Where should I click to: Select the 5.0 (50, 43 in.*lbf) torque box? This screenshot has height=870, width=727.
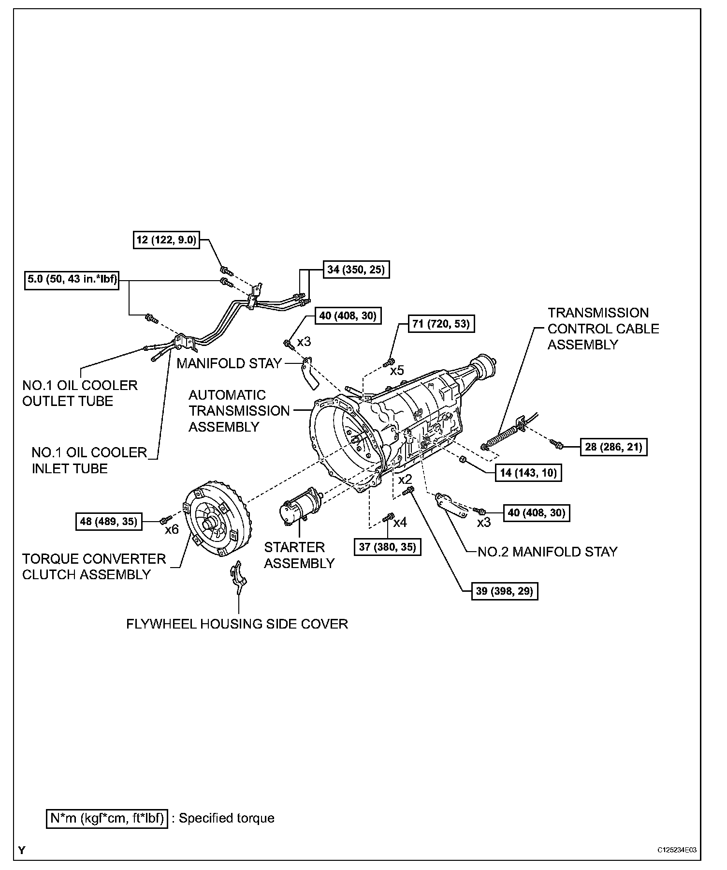(73, 281)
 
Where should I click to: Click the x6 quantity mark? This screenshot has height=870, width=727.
(172, 529)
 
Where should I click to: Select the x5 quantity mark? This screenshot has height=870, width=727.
(397, 371)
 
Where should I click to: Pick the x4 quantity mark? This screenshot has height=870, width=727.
(400, 523)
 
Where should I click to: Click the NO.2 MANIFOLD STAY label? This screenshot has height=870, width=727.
(547, 552)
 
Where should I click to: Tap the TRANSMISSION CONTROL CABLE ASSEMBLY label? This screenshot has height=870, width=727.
(603, 329)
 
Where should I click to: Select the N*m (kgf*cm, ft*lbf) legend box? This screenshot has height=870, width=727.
(107, 818)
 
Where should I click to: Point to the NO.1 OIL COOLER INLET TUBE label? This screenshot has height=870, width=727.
(89, 460)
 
